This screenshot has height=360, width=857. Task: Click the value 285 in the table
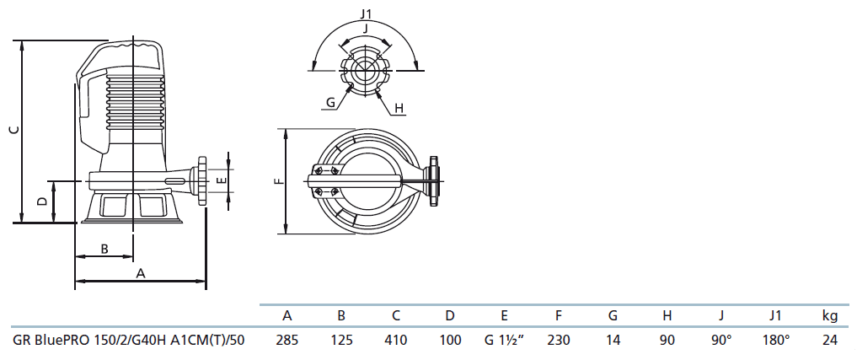coord(287,341)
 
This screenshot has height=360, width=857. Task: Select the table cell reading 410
coord(396,341)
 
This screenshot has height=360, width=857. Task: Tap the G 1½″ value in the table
coord(505,341)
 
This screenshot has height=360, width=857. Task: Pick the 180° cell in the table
coord(776,341)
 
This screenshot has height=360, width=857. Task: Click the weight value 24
coord(830,341)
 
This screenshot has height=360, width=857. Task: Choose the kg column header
coord(830,315)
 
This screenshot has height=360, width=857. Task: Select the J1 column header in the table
coord(776,315)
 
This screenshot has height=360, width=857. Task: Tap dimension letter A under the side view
coord(141,273)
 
